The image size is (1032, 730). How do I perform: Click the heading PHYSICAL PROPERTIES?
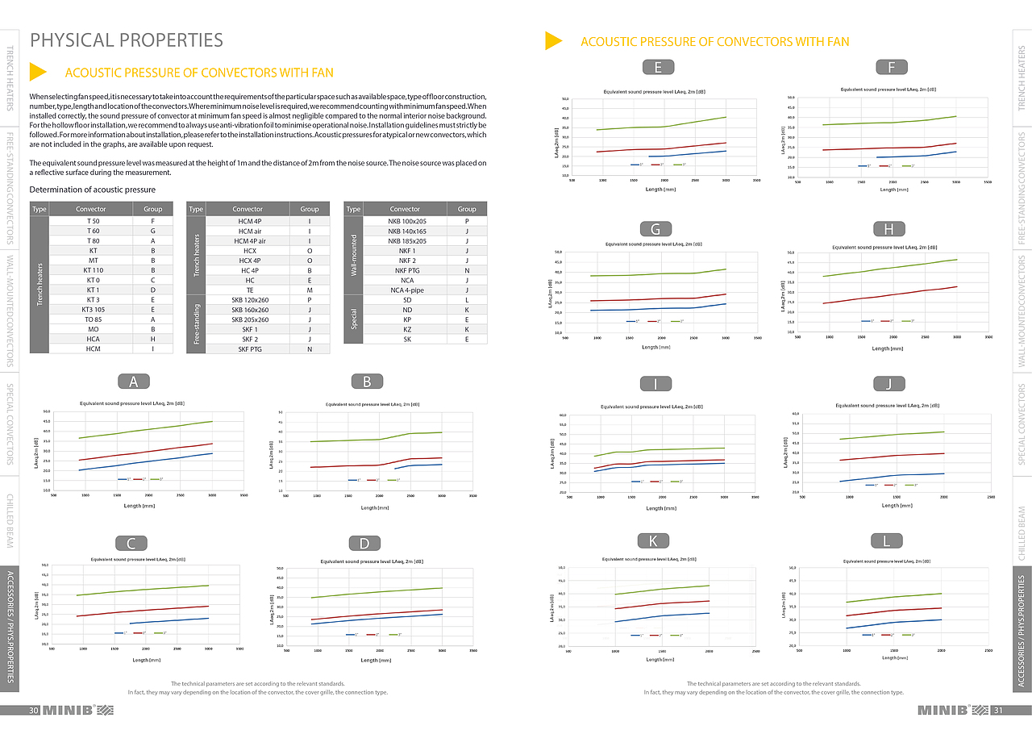coord(127,40)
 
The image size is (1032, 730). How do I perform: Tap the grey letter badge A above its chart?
coord(133,382)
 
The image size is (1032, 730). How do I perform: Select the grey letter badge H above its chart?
coord(889,229)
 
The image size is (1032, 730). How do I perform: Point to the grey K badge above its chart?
coord(653,540)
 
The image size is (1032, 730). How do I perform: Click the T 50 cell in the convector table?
coord(93,220)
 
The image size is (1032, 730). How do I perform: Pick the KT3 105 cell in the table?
coord(93,309)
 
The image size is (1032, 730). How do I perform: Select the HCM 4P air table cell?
coord(250,240)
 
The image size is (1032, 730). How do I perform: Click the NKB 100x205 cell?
coord(407,220)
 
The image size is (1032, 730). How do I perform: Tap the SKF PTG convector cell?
coord(250,348)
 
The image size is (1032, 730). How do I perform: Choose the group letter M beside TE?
coord(310,290)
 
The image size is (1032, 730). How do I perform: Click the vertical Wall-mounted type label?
coord(353,255)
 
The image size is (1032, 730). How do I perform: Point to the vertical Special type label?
coord(353,319)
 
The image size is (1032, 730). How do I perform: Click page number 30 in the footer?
coord(34,711)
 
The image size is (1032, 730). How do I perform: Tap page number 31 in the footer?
coord(997,711)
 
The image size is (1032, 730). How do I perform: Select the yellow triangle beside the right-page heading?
coord(553,40)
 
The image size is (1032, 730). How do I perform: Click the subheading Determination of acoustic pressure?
coord(92,190)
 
